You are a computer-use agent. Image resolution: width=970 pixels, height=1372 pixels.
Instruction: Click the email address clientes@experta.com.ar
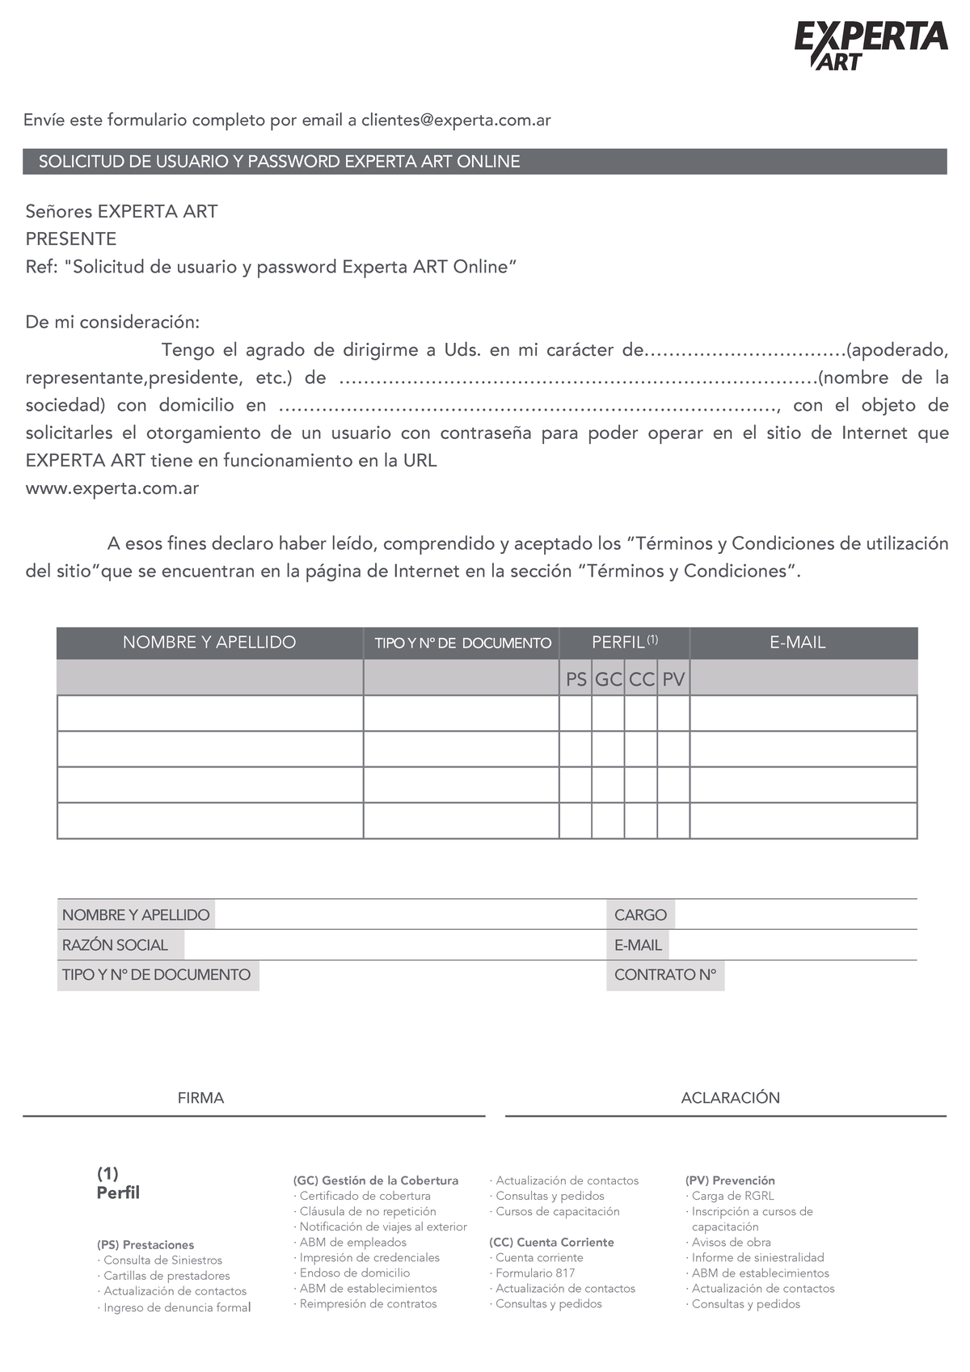pos(456,120)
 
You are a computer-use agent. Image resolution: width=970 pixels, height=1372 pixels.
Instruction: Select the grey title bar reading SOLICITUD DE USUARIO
pos(485,162)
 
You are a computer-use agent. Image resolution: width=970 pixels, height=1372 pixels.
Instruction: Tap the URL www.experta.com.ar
pos(112,488)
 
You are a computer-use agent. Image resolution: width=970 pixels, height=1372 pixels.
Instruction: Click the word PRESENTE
pos(71,239)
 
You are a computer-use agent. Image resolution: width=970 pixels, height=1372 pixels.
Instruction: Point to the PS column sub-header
pos(576,679)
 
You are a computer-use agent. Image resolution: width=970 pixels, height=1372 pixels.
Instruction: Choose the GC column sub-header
pos(608,679)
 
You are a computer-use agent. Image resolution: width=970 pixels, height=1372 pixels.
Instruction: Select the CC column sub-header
pos(641,679)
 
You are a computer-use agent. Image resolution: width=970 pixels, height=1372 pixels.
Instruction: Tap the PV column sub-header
pos(673,679)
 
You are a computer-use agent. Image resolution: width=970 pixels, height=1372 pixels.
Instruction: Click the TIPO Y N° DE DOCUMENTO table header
pos(462,644)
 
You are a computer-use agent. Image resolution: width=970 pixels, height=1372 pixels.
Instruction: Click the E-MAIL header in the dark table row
pos(797,643)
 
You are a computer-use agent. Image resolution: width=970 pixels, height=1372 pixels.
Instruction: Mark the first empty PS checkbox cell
pos(576,714)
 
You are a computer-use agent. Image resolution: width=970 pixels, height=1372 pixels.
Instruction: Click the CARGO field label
pos(640,915)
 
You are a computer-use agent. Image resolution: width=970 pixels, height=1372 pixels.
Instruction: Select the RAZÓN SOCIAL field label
pos(115,945)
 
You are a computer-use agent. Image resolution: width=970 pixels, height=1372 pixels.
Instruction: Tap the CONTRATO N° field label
pos(665,975)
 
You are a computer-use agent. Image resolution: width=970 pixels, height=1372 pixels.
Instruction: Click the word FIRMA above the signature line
pos(200,1098)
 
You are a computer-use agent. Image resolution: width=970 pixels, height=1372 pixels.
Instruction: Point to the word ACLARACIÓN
pos(730,1098)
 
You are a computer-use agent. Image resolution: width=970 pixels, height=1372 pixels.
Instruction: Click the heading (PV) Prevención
pos(730,1180)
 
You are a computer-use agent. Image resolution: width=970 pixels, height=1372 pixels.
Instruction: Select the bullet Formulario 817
pos(535,1273)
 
